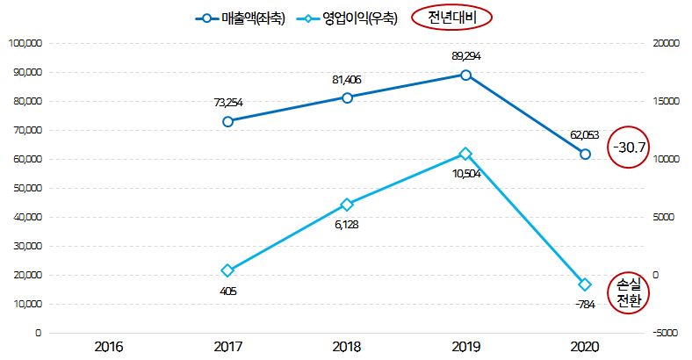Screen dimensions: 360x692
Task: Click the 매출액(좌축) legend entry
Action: tap(240, 18)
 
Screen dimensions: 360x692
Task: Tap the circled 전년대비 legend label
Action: tap(449, 18)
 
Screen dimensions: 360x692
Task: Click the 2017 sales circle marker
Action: tap(227, 121)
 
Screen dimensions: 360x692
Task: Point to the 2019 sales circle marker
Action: tap(465, 75)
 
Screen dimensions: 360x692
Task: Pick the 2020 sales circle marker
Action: tap(585, 154)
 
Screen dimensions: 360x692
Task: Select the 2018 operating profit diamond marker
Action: tap(347, 205)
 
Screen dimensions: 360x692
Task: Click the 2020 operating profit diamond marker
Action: tap(585, 284)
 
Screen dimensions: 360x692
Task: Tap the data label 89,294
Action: tap(465, 56)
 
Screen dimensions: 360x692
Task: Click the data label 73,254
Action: tap(228, 103)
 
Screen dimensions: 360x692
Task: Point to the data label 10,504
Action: tap(465, 173)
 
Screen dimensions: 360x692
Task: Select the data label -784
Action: tap(584, 305)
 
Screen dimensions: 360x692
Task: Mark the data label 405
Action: tap(228, 291)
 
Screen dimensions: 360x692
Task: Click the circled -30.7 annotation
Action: tap(630, 147)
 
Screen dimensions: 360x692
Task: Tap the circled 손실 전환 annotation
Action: tap(630, 292)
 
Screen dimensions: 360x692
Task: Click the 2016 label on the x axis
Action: tap(109, 347)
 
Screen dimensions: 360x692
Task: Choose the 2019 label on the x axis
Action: tap(465, 347)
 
